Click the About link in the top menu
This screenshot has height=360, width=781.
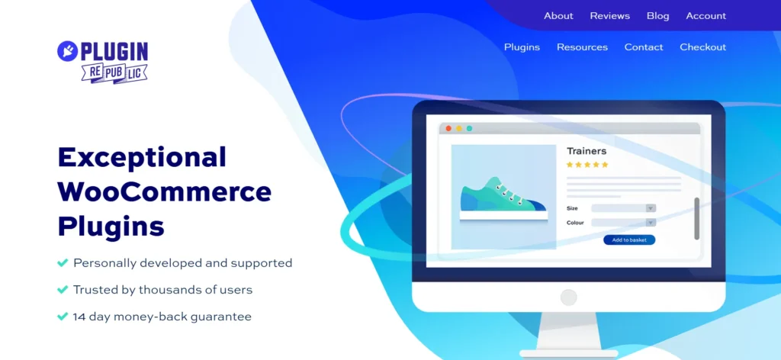(x=558, y=16)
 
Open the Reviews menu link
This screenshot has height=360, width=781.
(x=609, y=16)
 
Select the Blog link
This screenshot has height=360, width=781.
(x=657, y=16)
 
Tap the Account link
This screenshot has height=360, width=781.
(x=705, y=16)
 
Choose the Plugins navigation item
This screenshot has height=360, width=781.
(x=522, y=47)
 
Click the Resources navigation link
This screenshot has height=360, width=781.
(x=582, y=47)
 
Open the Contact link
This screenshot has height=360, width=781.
(x=644, y=47)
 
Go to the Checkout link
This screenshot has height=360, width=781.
(x=702, y=47)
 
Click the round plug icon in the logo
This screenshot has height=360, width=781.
(x=67, y=51)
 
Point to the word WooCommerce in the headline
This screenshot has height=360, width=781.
(x=164, y=191)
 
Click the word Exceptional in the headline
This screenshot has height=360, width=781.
(x=142, y=157)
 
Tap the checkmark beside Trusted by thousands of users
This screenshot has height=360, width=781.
(x=63, y=290)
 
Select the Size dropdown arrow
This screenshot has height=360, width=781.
(x=650, y=208)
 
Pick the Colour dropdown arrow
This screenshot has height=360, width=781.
(x=650, y=223)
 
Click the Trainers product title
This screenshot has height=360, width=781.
(x=587, y=151)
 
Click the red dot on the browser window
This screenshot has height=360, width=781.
(x=448, y=129)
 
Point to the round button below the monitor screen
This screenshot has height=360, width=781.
(x=568, y=297)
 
